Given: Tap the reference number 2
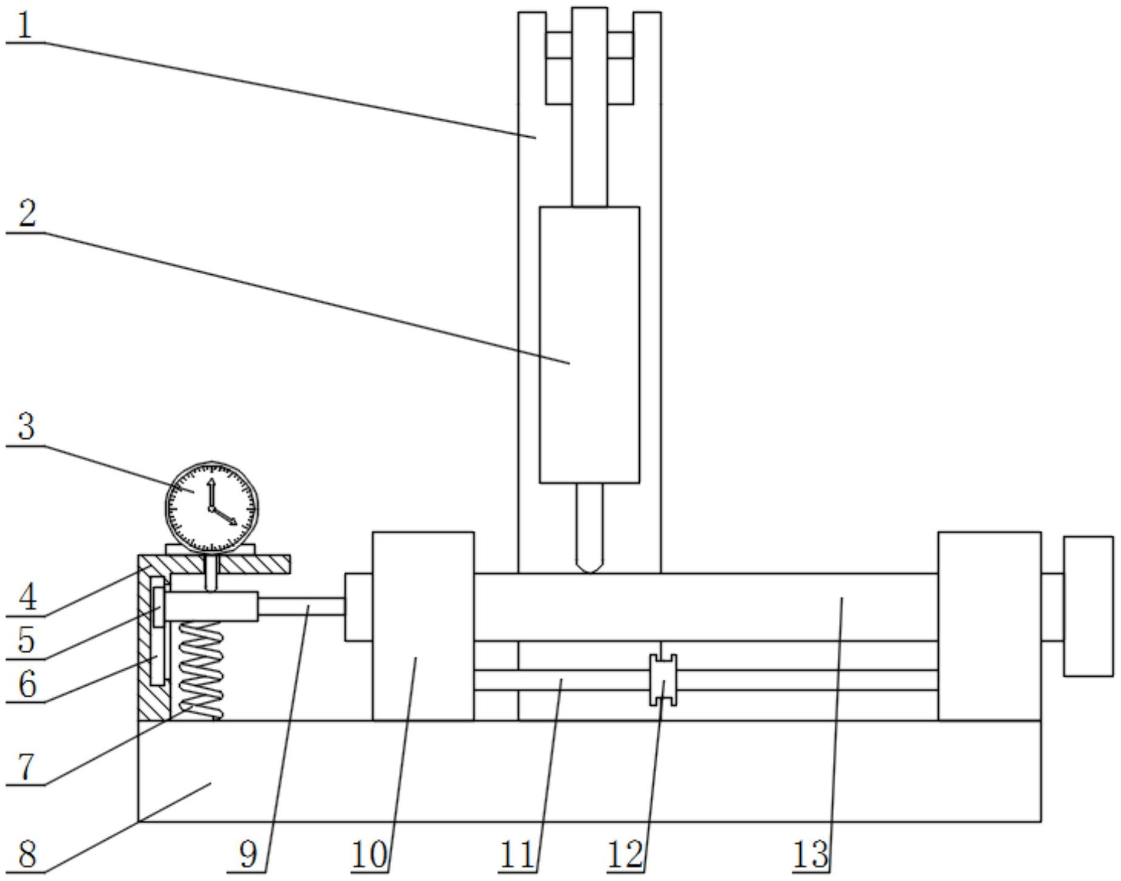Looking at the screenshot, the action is pos(27,214).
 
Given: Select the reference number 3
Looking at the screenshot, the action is pos(26,427).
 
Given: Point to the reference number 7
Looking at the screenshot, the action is pos(25,767).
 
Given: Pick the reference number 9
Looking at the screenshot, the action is pos(249,855).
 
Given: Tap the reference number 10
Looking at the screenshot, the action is pos(369,855).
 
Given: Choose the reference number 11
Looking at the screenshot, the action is pos(517,855).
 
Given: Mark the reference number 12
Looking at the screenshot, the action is pos(625,855).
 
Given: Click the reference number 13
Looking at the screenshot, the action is pos(811,855).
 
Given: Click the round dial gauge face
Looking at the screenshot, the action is pos(211,508).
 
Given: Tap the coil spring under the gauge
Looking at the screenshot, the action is pos(200,671).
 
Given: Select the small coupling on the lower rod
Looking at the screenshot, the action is pos(663,680).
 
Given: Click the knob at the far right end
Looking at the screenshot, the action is pos(1088,606).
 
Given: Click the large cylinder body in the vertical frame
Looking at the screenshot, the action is pos(589,345).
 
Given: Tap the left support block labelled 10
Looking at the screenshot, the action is pos(423,626).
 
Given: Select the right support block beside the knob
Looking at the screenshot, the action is pos(990,626).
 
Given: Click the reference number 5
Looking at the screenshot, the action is pos(26,640).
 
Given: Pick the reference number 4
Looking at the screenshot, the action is pos(27,597).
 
